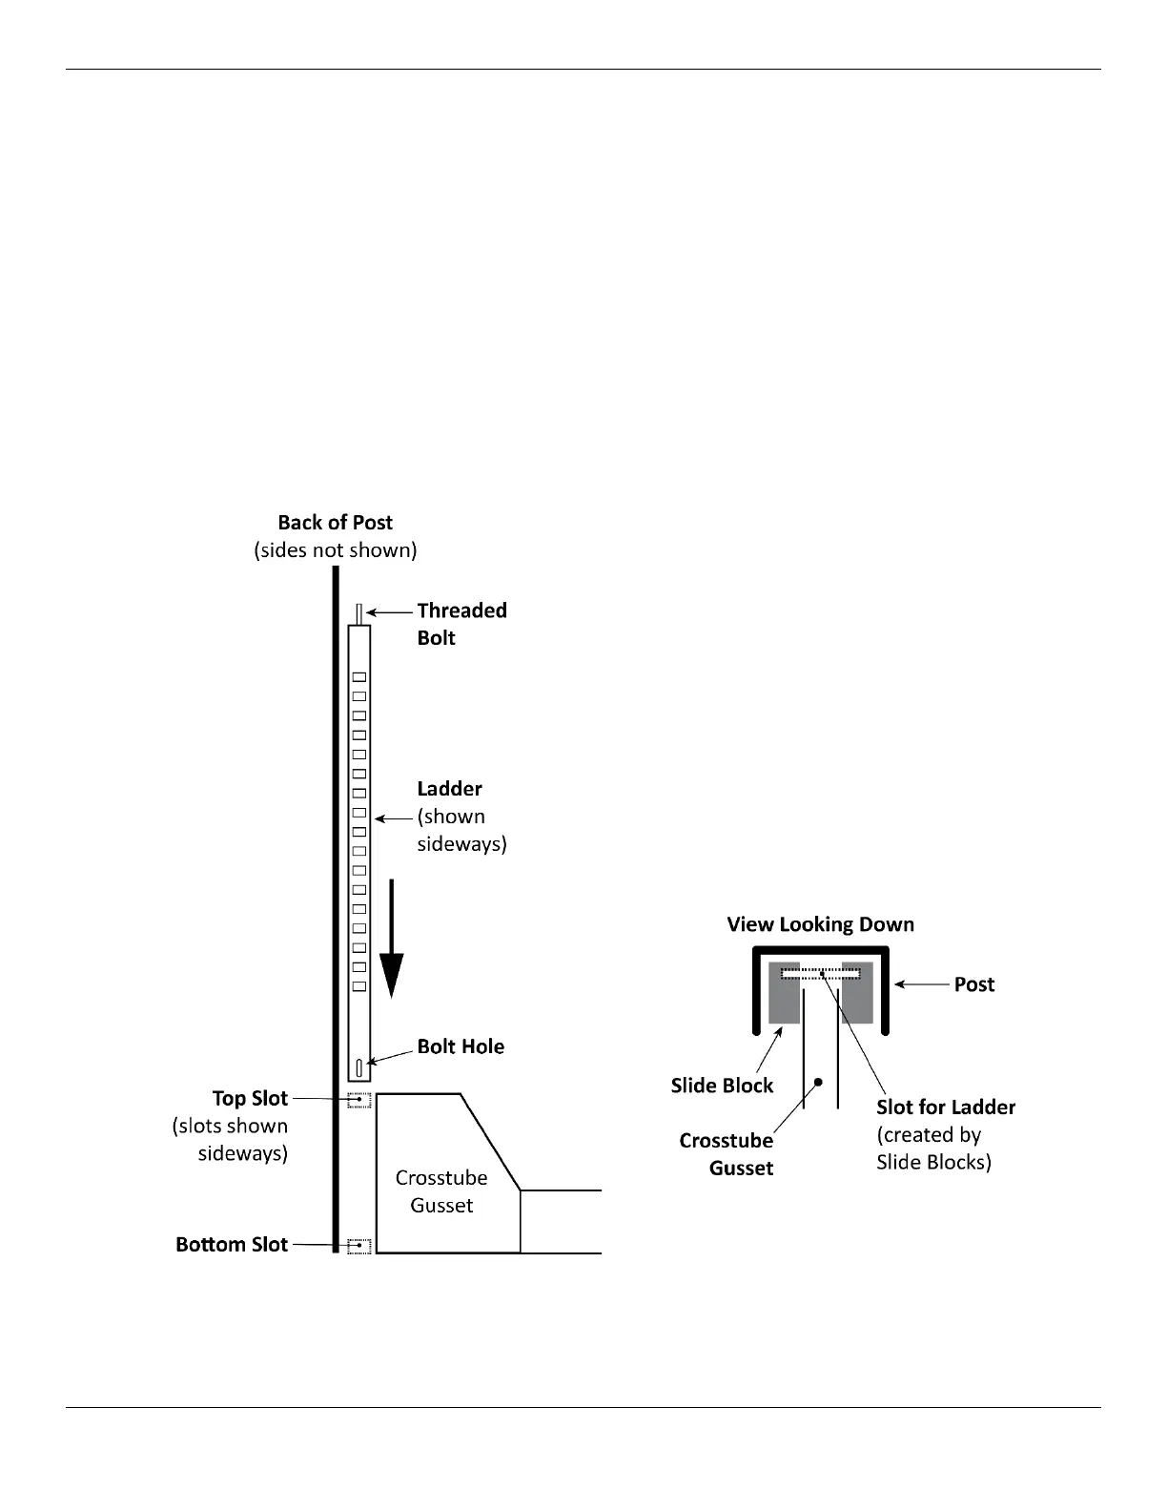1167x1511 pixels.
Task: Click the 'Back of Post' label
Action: click(335, 522)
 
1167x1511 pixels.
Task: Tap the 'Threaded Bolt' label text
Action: click(461, 624)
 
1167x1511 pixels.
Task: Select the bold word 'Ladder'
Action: click(449, 789)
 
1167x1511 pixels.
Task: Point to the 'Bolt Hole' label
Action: click(461, 1046)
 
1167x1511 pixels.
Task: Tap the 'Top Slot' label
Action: click(250, 1099)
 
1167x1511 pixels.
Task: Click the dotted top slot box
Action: click(358, 1100)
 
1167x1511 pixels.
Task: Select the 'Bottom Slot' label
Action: click(232, 1245)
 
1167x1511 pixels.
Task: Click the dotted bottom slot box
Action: click(358, 1245)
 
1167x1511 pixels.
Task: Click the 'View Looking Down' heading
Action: click(820, 924)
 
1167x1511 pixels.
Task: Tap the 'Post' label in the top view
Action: click(973, 984)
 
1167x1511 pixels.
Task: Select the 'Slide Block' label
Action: click(722, 1086)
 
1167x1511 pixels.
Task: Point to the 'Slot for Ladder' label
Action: click(945, 1107)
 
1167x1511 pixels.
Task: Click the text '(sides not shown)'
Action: click(335, 550)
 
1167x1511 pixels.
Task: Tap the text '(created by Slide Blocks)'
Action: click(933, 1149)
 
